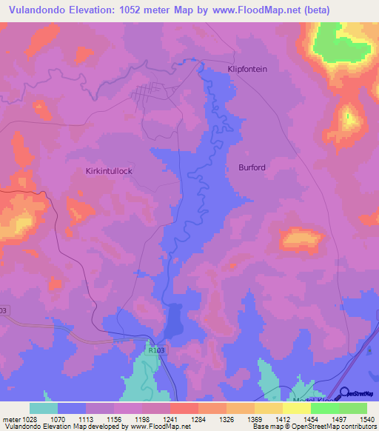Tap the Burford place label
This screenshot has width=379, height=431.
(252, 168)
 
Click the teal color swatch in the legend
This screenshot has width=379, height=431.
(44, 408)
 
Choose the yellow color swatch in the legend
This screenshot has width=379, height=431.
(297, 408)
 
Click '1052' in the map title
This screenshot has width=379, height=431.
(143, 10)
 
